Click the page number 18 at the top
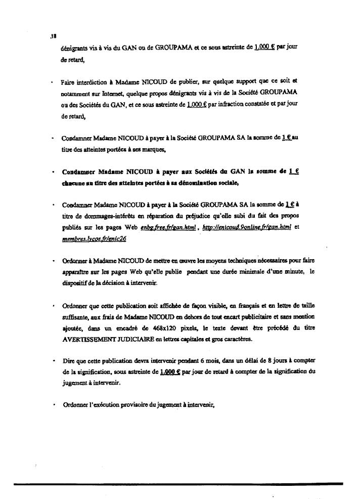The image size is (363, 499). tap(53, 36)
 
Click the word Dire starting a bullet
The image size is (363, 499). tap(67, 361)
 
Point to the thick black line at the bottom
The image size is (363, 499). tap(181, 484)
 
